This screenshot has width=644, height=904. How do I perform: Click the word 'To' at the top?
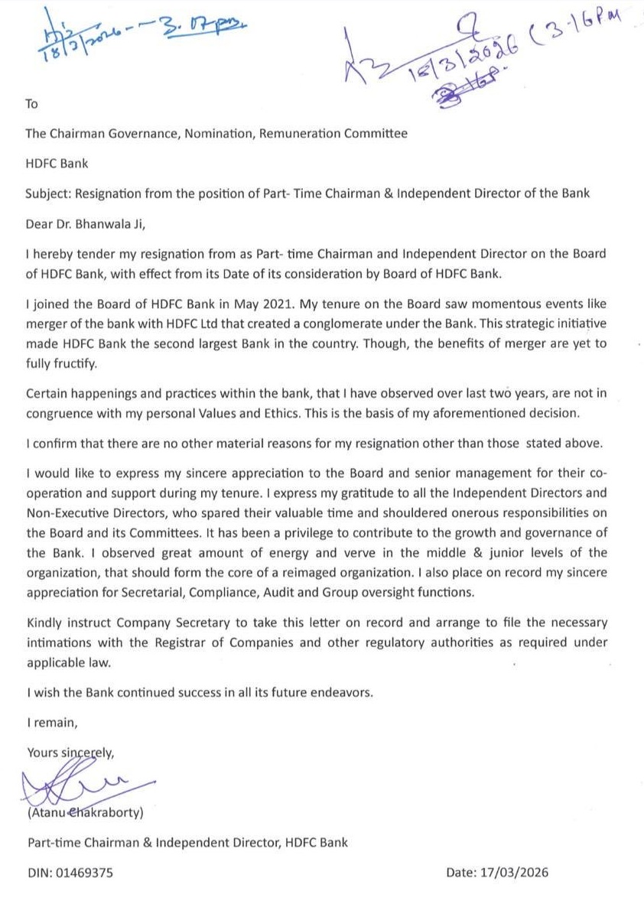point(31,103)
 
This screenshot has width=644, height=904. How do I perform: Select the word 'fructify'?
point(74,364)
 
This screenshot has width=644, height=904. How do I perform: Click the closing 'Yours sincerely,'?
point(70,752)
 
